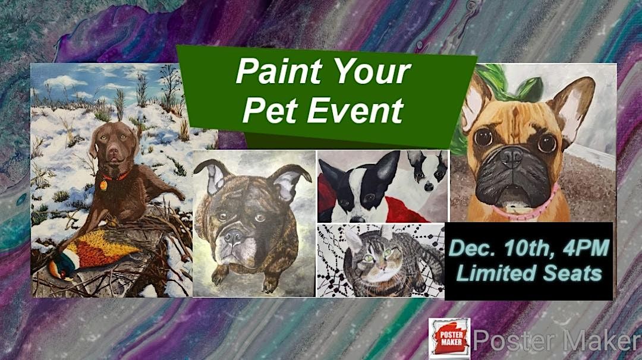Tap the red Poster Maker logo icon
[449, 339]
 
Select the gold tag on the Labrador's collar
[103, 185]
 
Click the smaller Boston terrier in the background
[426, 169]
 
